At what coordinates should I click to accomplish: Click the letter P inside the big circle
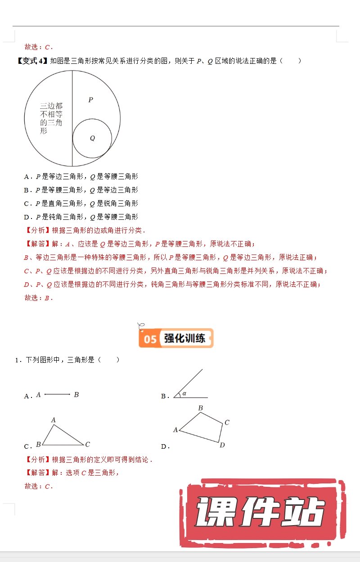click(x=90, y=100)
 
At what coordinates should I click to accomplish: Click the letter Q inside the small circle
click(x=92, y=138)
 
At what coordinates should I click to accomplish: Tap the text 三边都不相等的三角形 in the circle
click(x=51, y=118)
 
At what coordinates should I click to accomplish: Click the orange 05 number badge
click(x=150, y=339)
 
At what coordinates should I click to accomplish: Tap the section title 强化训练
click(x=184, y=339)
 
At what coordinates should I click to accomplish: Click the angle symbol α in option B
click(x=184, y=394)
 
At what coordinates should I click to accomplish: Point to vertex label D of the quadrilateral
click(x=221, y=445)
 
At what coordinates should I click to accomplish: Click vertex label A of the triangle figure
click(x=53, y=420)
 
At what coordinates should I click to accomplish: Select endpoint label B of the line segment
click(x=76, y=395)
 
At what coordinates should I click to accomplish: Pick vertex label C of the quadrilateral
click(x=227, y=423)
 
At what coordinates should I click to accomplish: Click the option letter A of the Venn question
click(x=27, y=177)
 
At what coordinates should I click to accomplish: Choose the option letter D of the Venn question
click(x=27, y=217)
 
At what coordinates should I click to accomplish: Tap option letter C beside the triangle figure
click(x=27, y=446)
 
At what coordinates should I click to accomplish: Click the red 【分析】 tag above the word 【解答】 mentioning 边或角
click(x=37, y=231)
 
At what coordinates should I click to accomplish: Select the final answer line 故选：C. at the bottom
click(x=39, y=486)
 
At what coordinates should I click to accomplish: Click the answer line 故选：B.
click(x=39, y=298)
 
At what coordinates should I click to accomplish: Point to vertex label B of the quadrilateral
click(x=201, y=408)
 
